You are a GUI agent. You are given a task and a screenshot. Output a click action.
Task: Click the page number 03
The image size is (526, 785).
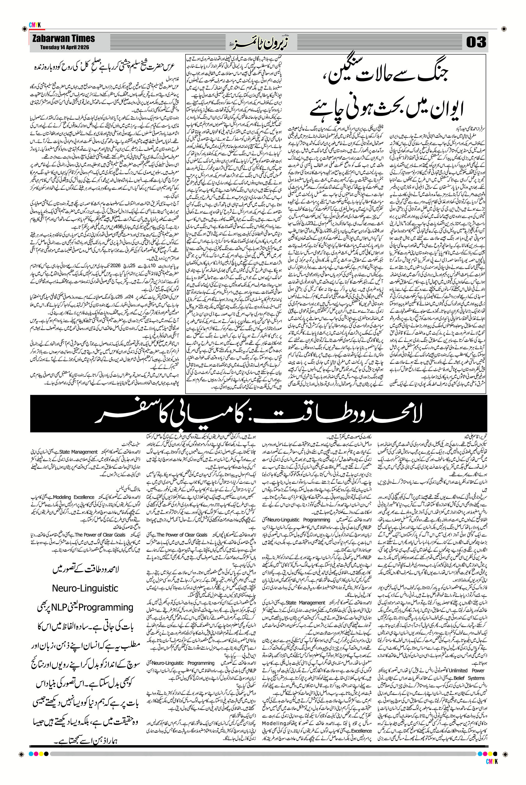(x=476, y=43)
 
